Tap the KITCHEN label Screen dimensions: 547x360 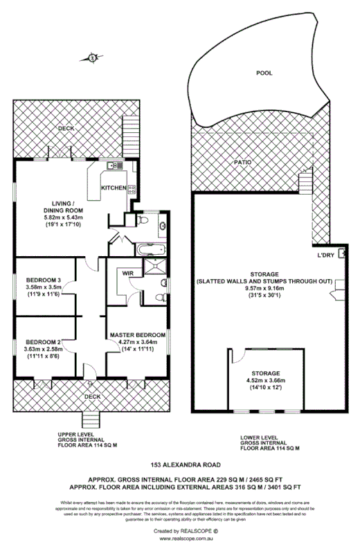point(113,188)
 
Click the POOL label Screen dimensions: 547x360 point(264,73)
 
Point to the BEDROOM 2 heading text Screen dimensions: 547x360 point(44,342)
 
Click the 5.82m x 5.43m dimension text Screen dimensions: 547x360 point(62,217)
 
